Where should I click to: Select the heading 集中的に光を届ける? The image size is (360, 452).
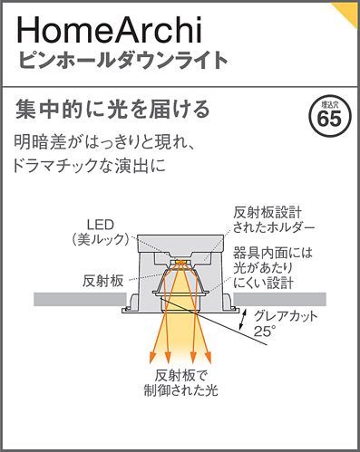pyautogui.click(x=113, y=111)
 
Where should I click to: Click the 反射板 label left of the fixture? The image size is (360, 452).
pyautogui.click(x=102, y=280)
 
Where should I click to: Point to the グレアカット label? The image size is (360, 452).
pyautogui.click(x=287, y=317)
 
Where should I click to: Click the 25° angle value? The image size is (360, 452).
pyautogui.click(x=263, y=332)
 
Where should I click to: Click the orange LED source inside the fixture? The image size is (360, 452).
pyautogui.click(x=181, y=264)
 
